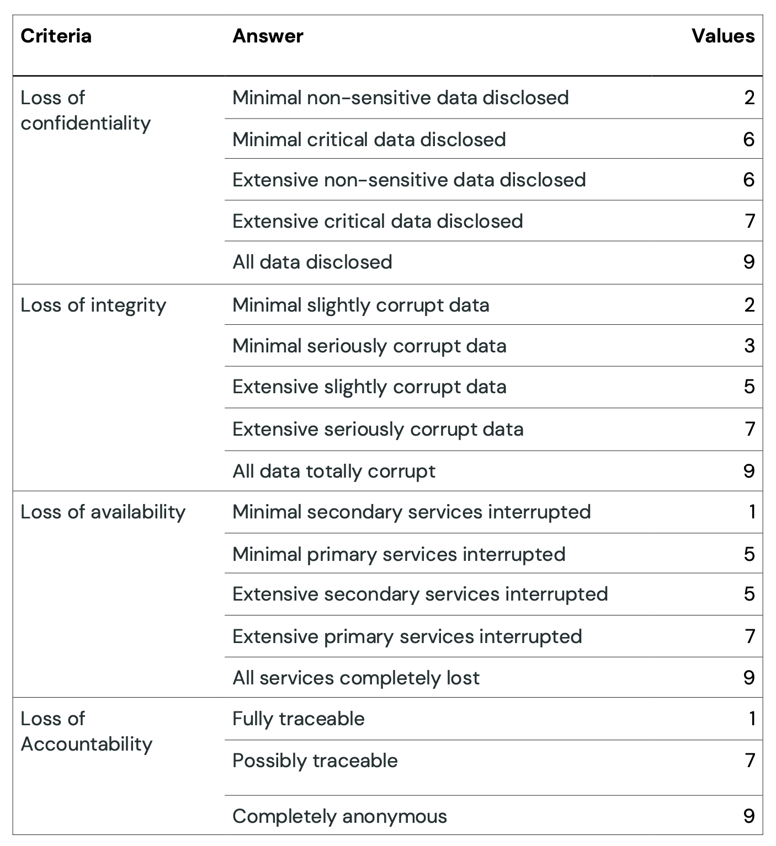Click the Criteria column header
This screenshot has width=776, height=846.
click(56, 36)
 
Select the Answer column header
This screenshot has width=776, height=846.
click(268, 36)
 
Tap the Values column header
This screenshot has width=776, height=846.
click(723, 36)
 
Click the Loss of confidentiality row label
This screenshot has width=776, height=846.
click(86, 110)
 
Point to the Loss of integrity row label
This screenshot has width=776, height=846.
click(93, 306)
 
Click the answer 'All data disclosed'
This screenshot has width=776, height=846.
click(312, 262)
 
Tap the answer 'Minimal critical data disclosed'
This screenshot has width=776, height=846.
click(369, 140)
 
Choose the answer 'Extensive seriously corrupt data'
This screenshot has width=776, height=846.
click(378, 430)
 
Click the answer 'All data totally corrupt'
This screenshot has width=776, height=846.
click(334, 472)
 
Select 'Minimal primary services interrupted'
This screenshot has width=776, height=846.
click(399, 555)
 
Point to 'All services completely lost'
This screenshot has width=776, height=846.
click(356, 678)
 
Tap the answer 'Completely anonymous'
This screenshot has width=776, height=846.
click(339, 817)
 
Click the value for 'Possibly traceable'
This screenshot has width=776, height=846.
click(750, 761)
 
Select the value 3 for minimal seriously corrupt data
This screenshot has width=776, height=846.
click(750, 346)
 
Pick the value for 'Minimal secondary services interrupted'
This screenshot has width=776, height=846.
click(752, 512)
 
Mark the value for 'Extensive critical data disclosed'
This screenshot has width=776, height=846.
click(750, 221)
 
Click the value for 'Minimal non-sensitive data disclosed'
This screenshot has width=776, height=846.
click(750, 98)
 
